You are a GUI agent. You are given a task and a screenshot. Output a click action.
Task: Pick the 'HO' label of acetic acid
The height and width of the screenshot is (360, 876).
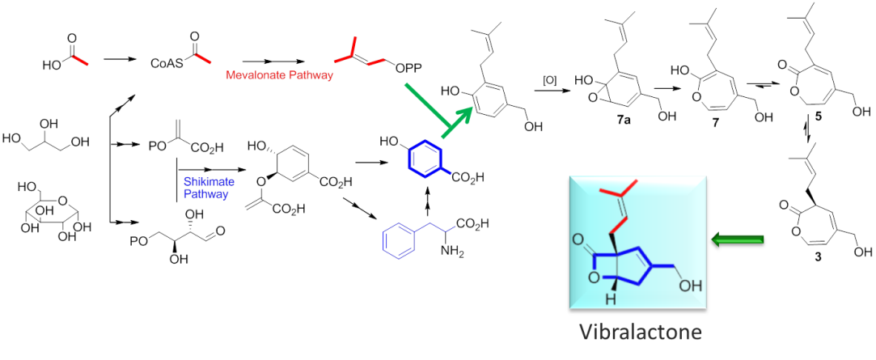[x=54, y=61]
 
